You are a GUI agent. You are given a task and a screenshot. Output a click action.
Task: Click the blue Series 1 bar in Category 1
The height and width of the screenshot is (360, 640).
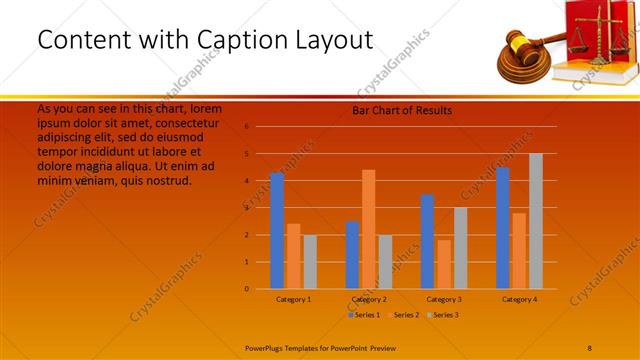coord(277,231)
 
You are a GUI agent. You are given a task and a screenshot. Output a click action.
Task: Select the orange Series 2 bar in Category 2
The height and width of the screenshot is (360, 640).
coord(368,229)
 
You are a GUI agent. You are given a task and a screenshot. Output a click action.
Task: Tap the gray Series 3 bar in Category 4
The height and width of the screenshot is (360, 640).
coord(535,221)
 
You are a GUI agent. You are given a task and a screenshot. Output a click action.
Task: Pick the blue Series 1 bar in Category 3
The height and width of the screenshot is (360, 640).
coord(427,242)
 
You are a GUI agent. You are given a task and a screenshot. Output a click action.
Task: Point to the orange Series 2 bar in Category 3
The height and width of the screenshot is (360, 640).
coord(443,264)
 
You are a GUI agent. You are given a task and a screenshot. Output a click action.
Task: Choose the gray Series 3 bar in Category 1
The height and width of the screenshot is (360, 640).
coord(310,262)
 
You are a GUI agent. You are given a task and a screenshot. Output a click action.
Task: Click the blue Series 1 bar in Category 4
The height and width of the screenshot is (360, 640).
coord(502,228)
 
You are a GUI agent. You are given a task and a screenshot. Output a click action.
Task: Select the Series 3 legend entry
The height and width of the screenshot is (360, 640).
coord(442,315)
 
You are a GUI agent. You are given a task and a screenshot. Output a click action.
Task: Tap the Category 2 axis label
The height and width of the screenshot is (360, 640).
coord(369,299)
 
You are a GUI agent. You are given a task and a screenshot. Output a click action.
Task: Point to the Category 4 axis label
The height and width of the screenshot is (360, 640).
coord(519,299)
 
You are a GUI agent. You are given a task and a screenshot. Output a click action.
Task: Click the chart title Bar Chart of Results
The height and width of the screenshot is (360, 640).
coord(402,110)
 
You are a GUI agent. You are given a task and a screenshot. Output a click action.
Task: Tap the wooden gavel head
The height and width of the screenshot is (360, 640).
coord(519,46)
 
